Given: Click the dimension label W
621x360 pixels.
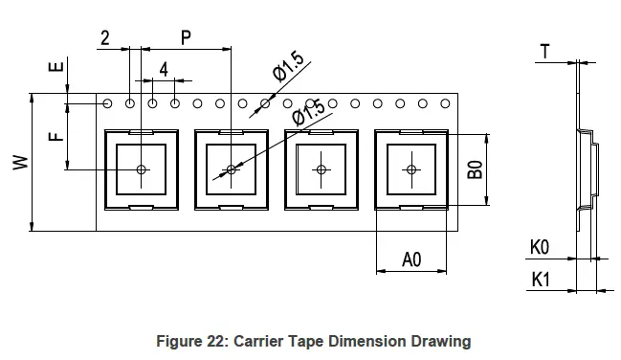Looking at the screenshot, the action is [x=21, y=163].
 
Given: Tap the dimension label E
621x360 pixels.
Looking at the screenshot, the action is [x=55, y=66].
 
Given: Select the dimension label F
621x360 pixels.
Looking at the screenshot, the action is [x=55, y=136].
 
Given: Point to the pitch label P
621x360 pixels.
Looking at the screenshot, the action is [x=186, y=37].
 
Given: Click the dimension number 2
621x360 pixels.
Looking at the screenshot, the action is [x=105, y=38].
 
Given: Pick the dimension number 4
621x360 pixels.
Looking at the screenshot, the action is [x=164, y=70].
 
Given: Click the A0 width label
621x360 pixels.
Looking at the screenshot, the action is [x=411, y=259].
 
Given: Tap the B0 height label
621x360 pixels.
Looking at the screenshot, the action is [x=476, y=169].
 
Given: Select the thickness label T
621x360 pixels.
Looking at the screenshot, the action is [x=545, y=52].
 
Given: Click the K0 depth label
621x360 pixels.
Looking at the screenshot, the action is [x=540, y=247].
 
